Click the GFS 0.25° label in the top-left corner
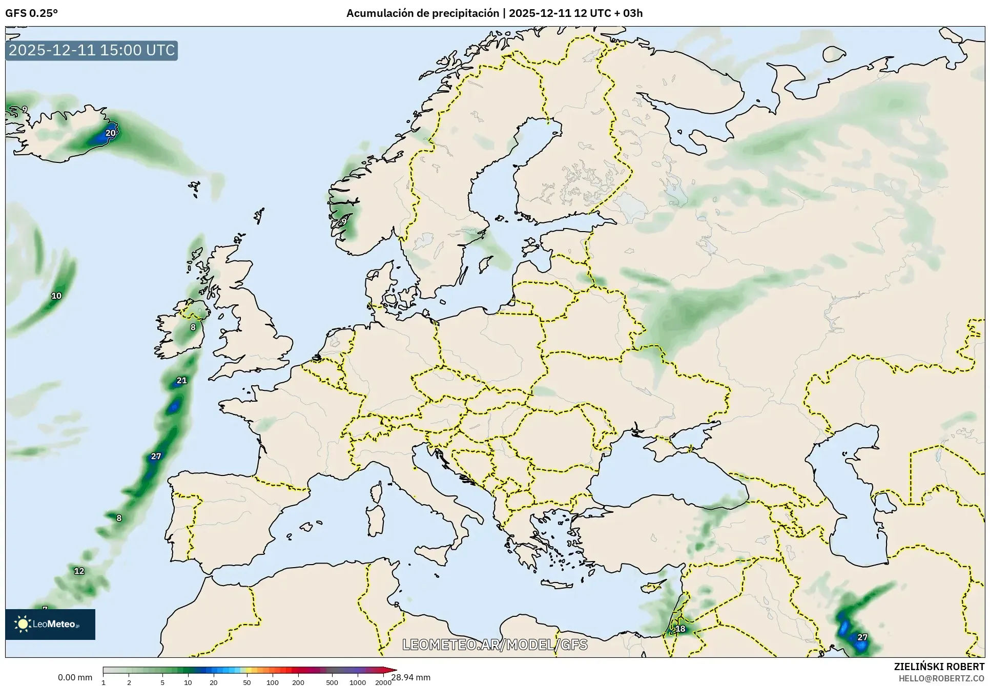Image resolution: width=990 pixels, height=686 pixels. [x=31, y=13]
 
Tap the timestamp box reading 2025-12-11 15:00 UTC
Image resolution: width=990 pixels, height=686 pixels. [x=92, y=50]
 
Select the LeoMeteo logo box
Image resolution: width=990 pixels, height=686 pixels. [x=50, y=624]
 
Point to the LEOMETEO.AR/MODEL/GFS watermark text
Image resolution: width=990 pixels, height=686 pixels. [x=494, y=645]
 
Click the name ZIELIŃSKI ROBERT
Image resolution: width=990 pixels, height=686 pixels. [x=939, y=667]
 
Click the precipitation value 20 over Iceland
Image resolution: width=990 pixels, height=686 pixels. [x=111, y=133]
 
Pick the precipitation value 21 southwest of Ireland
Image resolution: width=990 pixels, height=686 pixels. [x=182, y=380]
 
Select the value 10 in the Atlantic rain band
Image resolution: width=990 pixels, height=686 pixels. [x=56, y=296]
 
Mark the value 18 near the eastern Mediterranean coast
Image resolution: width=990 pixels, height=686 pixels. [x=680, y=629]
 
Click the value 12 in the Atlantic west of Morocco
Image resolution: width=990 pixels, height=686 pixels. [x=79, y=571]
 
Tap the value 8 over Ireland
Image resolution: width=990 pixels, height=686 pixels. [x=193, y=327]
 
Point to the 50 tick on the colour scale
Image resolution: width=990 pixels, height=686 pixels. [x=247, y=682]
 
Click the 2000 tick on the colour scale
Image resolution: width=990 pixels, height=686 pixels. [x=383, y=682]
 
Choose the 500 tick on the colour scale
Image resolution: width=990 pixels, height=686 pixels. [x=332, y=682]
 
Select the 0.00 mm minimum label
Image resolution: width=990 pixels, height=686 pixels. [x=75, y=677]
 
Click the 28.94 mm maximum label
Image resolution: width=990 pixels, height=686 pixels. [x=411, y=677]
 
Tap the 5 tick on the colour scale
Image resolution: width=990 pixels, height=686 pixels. [x=162, y=682]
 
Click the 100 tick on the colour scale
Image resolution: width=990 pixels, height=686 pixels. [x=273, y=682]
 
